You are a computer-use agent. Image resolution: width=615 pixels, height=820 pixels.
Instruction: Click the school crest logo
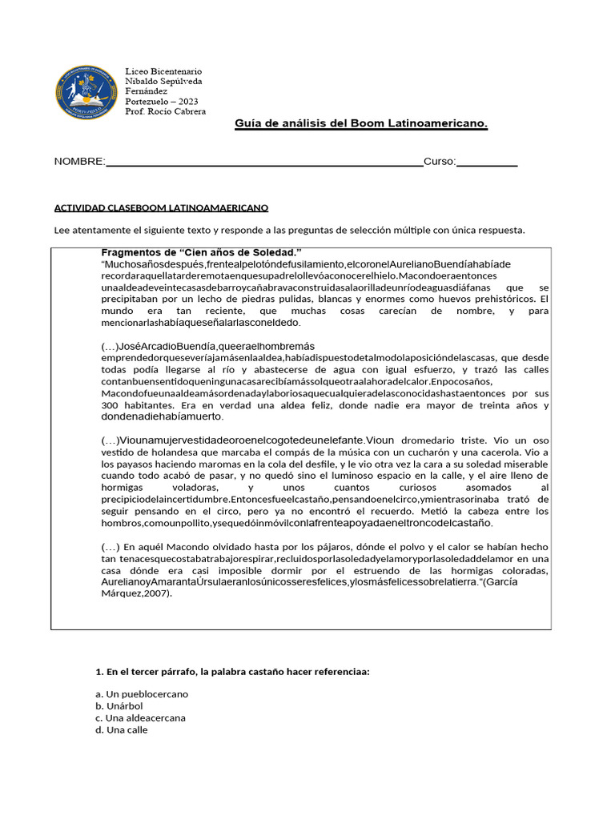(x=86, y=93)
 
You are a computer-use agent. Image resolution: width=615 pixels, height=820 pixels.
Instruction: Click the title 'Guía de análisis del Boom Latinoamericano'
(x=360, y=123)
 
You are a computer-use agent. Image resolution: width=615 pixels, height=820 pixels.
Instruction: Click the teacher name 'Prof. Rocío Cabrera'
(x=166, y=111)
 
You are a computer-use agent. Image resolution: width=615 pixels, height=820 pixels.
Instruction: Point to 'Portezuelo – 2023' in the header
(x=162, y=102)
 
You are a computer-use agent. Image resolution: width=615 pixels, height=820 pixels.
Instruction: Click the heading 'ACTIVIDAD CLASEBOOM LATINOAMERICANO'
(x=161, y=207)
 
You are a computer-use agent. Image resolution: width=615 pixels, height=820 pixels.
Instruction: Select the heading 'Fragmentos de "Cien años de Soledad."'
(x=201, y=252)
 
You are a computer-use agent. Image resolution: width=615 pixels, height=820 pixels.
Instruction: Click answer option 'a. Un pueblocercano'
(x=142, y=693)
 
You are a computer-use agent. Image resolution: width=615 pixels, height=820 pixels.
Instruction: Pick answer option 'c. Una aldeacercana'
(x=140, y=717)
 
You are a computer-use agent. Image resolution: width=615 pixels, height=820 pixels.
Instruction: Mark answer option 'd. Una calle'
(x=121, y=730)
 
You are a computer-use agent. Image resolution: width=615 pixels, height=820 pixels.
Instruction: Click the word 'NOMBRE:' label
(x=79, y=162)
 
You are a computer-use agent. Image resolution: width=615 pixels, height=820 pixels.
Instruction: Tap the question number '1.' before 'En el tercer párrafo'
(x=99, y=671)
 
